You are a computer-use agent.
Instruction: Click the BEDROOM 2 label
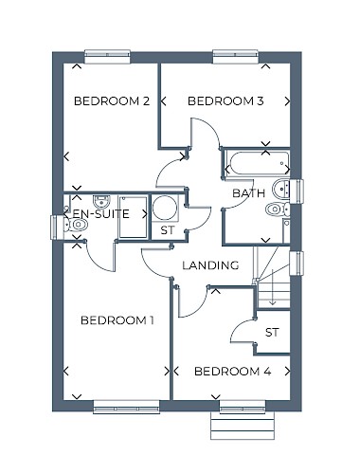112,101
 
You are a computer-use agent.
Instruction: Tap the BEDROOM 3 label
225,101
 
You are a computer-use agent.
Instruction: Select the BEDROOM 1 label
117,320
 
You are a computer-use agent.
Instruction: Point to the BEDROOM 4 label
233,372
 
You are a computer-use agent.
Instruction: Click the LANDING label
210,265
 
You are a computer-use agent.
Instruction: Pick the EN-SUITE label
101,214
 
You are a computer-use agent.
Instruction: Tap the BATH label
249,193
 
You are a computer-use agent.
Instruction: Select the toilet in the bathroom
278,209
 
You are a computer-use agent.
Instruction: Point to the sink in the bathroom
281,189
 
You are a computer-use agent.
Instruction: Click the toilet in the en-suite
76,225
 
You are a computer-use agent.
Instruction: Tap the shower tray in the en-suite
133,217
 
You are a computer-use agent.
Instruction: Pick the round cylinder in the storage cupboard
165,208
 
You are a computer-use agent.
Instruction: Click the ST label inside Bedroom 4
272,333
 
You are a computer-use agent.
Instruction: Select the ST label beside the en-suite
168,230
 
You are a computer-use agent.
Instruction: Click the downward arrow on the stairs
273,287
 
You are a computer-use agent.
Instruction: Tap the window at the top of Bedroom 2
107,57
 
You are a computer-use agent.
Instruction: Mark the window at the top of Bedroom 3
236,57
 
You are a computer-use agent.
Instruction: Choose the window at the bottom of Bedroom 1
127,407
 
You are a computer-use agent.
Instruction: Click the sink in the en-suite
101,201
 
